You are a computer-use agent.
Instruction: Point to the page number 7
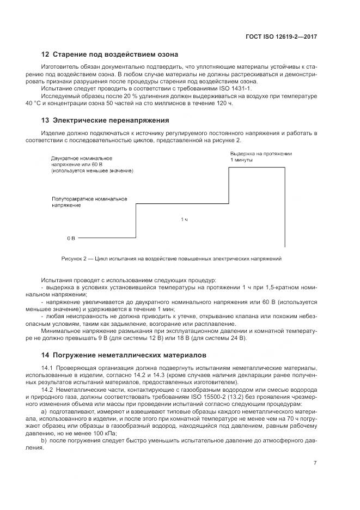[x=315, y=463]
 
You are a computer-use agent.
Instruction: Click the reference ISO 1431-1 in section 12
[x=236, y=88]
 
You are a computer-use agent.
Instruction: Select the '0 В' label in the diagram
[x=71, y=239]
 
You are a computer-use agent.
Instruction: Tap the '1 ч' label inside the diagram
[x=184, y=220]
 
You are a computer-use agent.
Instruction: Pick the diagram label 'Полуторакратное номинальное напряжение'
[x=89, y=202]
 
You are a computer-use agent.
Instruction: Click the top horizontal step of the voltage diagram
[x=257, y=168]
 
